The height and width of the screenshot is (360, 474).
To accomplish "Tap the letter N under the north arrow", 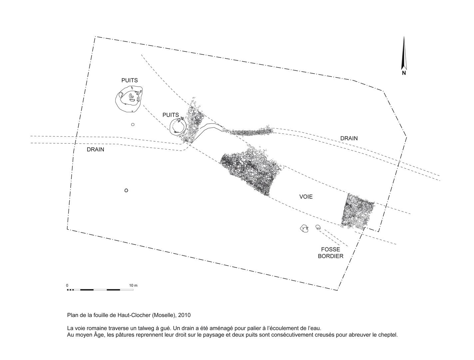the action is [404, 73].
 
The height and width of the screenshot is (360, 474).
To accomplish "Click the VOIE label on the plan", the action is [306, 197].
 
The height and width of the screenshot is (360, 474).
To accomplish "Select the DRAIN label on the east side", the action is [349, 138].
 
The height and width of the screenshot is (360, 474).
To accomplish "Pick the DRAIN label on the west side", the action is [95, 150].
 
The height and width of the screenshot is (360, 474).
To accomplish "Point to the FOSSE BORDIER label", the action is [330, 253].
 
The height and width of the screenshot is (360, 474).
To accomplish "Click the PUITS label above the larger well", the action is [129, 80].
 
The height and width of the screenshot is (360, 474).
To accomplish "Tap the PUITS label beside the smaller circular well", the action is [171, 115].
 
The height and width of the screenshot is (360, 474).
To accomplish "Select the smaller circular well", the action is [170, 127].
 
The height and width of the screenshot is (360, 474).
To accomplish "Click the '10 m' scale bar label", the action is [133, 285].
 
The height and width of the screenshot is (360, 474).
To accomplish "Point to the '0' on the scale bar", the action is [67, 285].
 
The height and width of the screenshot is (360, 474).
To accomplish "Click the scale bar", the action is [100, 290].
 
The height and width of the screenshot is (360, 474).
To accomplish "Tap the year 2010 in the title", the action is [184, 315].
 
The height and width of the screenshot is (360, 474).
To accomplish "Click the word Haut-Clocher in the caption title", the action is [134, 315].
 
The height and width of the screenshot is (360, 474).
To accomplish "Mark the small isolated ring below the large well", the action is [133, 124].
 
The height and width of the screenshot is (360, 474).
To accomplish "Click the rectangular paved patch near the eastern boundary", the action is [357, 211].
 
